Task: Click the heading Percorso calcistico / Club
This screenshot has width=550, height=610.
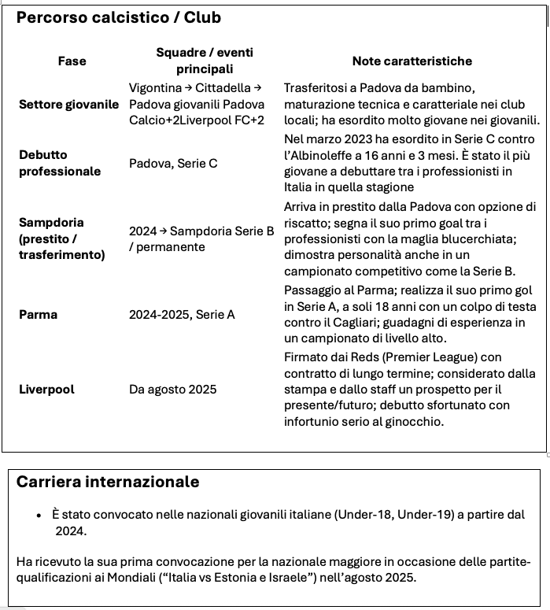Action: click(119, 17)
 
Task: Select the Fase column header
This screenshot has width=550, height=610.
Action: click(72, 61)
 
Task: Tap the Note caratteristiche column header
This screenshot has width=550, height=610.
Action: click(412, 61)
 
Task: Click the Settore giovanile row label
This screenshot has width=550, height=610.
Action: click(69, 104)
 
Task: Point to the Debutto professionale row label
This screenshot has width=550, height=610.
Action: click(60, 163)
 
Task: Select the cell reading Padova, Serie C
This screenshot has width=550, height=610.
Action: click(173, 164)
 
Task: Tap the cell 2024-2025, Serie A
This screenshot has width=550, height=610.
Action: click(182, 315)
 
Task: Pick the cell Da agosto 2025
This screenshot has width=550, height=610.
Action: click(172, 389)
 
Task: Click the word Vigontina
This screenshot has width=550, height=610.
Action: click(157, 87)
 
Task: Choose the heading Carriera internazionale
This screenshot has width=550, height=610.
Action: click(108, 482)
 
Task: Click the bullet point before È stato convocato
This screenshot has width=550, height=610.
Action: click(39, 515)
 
